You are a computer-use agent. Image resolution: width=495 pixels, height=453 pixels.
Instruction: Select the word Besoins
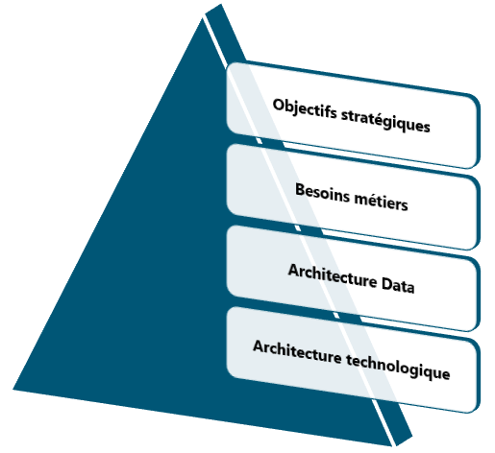tap(322, 193)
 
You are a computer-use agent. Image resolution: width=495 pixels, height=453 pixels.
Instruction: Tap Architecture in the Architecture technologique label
tap(297, 351)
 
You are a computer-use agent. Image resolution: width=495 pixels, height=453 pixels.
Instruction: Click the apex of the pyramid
tap(203, 18)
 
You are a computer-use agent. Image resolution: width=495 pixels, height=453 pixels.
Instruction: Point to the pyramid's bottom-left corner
tap(12, 390)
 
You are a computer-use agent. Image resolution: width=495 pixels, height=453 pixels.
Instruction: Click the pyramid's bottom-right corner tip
tap(392, 445)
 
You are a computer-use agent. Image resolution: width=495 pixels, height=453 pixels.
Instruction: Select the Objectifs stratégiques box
tap(353, 114)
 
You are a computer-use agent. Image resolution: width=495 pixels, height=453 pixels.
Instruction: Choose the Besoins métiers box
tap(353, 197)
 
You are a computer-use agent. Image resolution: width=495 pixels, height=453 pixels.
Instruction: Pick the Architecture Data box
tap(353, 278)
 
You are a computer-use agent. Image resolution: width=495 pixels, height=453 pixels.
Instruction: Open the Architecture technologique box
tap(353, 360)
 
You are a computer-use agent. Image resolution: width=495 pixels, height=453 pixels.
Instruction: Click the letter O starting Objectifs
tap(279, 105)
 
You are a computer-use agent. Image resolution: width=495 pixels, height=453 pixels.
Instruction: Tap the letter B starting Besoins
tap(300, 189)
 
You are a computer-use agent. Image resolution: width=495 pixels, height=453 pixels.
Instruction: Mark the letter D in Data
tap(387, 282)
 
